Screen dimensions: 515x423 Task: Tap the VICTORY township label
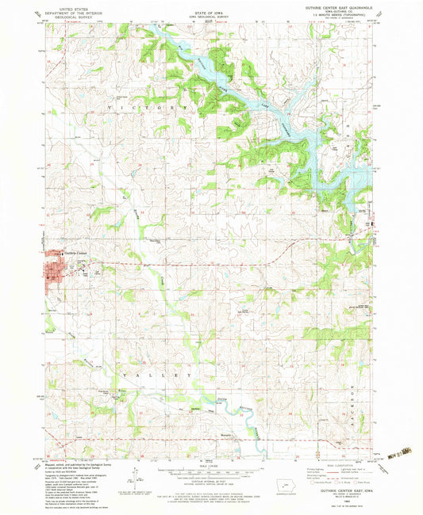coord(144,106)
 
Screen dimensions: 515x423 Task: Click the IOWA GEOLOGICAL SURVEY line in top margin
coord(211,13)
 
